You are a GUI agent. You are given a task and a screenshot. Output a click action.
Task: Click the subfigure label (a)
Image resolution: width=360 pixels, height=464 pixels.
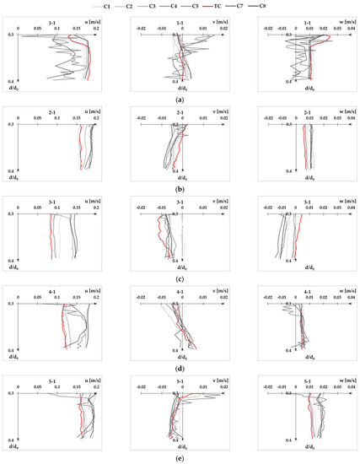[180, 98]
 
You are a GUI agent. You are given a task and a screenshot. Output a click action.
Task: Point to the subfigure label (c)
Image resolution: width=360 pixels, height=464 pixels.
[180, 278]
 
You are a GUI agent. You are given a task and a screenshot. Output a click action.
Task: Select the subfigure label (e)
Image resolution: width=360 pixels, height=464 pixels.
[180, 458]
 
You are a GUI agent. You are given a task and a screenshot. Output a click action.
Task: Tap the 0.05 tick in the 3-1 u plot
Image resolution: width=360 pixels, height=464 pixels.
[37, 208]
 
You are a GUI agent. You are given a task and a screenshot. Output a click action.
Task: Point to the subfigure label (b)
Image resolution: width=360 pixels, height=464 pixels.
[180, 188]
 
